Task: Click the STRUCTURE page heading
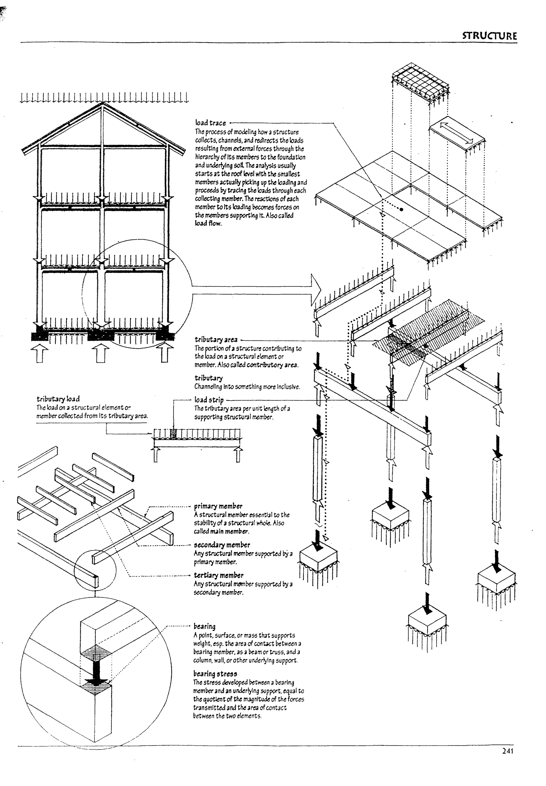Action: pos(489,36)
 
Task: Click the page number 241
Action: pos(508,751)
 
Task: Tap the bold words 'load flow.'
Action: pos(208,224)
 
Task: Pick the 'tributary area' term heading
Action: pos(216,340)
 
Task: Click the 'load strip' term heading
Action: pos(209,399)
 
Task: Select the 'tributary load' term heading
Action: pos(58,399)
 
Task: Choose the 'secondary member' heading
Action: pos(222,545)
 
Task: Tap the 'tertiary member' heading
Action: pos(219,575)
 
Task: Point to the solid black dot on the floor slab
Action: pos(401,209)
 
